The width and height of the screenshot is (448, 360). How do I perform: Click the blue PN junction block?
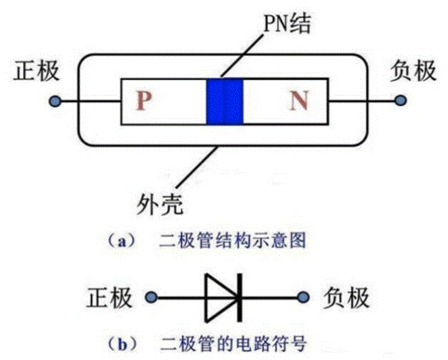224,100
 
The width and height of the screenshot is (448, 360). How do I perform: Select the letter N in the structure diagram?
297,101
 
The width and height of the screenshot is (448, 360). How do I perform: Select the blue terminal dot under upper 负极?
393,100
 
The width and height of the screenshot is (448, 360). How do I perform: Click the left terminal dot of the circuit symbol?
149,298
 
